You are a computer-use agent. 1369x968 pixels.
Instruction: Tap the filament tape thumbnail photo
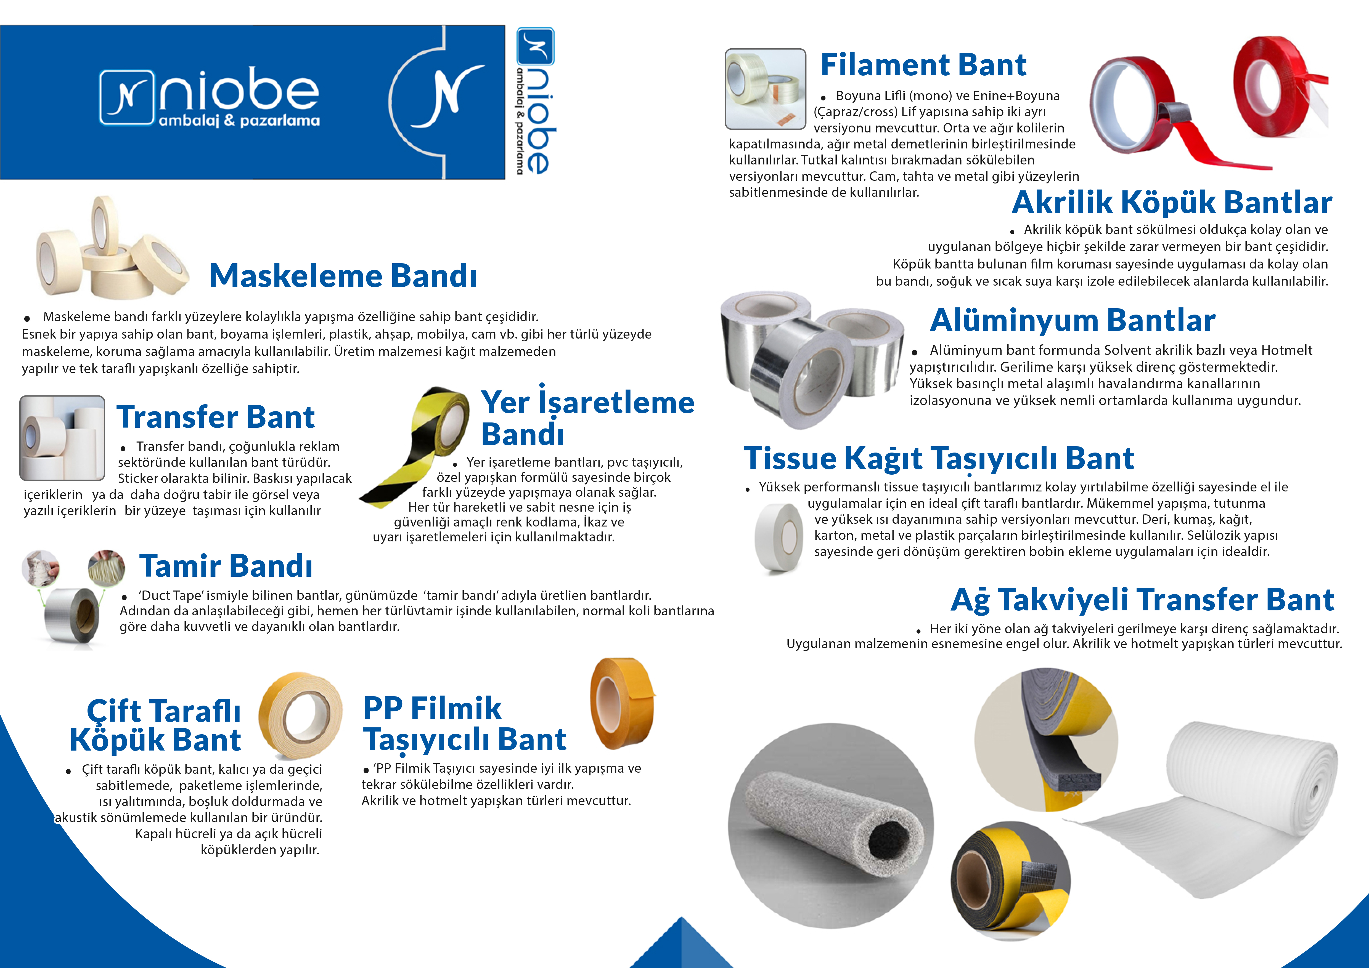click(766, 89)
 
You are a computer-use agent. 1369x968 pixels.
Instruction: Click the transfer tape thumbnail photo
click(62, 438)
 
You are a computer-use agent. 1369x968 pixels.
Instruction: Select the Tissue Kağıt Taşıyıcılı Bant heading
click(939, 459)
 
